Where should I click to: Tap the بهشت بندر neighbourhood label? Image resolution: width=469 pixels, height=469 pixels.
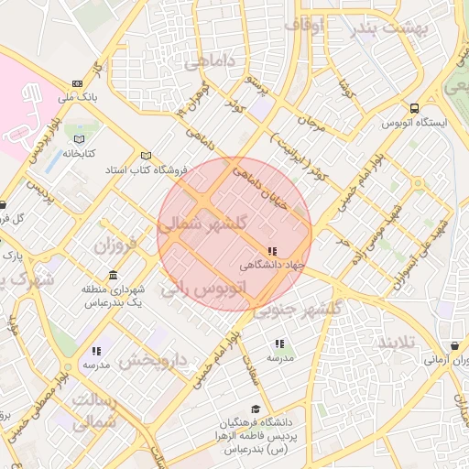click(390, 28)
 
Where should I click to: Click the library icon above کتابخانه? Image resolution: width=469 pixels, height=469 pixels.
click(73, 139)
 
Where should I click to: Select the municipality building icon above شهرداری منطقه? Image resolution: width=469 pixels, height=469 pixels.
click(113, 276)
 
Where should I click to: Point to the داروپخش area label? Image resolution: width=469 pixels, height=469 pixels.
click(155, 360)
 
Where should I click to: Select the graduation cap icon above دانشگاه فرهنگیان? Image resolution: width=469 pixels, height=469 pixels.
click(255, 409)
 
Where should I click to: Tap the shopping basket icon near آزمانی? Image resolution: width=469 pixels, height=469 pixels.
click(455, 346)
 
